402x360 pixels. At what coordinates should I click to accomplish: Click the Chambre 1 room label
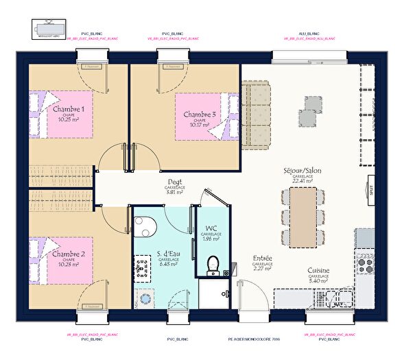69,109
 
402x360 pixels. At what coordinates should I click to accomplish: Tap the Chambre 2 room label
69,254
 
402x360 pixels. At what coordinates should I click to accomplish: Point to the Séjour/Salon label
303,170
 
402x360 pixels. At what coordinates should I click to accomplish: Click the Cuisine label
318,270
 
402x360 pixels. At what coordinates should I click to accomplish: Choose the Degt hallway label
175,182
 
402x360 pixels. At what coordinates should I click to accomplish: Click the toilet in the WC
213,263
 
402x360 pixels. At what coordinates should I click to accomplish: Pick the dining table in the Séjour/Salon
303,216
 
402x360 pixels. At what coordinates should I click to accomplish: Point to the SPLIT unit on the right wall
370,187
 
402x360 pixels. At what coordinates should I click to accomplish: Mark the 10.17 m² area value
199,125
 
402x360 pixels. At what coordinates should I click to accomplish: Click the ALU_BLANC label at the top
309,33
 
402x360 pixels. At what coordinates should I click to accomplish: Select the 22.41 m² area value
303,182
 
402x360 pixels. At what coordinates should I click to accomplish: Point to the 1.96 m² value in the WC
211,239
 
